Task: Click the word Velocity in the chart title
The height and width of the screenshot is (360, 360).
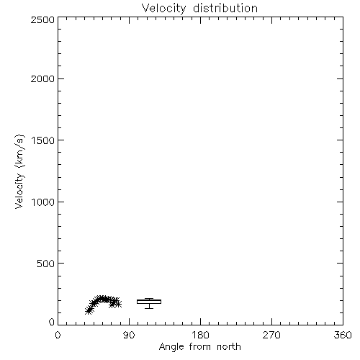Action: point(163,9)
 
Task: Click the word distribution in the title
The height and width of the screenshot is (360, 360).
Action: point(225,8)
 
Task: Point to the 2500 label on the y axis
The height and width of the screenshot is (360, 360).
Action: point(42,19)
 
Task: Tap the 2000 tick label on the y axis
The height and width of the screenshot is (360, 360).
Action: point(42,78)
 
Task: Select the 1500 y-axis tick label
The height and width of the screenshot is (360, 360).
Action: point(43,140)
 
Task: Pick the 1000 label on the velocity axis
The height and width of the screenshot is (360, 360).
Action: point(43,202)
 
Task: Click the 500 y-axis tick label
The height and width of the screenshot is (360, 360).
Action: point(46,264)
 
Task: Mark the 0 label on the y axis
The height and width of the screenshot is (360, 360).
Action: point(52,322)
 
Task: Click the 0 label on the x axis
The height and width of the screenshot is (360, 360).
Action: point(58,335)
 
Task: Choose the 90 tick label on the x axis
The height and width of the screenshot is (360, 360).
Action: point(129,335)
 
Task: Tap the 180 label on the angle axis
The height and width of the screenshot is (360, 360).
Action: point(200,335)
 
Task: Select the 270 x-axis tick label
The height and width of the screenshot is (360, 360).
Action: point(271,335)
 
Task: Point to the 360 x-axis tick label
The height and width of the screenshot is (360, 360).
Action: point(343,335)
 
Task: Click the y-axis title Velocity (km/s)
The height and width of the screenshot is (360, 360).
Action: point(19,171)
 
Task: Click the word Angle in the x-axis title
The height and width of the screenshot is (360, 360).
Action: point(171,347)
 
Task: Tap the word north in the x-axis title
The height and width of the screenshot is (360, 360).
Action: point(229,346)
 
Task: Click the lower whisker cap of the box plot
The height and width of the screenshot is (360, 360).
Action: point(149,308)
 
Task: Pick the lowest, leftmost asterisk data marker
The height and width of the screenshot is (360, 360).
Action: point(89,311)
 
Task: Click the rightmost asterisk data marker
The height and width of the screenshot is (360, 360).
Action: point(118,305)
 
